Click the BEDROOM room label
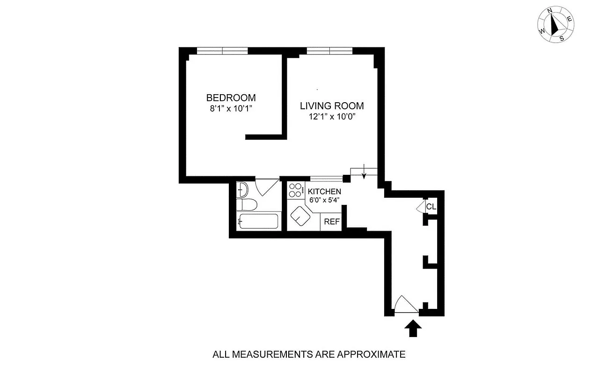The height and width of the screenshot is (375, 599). click(x=231, y=98)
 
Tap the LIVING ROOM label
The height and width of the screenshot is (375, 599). click(x=331, y=106)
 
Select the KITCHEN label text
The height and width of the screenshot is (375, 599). click(x=324, y=192)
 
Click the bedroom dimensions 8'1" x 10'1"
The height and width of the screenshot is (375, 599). click(x=231, y=108)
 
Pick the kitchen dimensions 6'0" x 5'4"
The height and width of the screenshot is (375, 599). click(x=324, y=200)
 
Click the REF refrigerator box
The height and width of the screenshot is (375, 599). click(x=331, y=222)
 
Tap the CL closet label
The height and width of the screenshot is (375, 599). click(x=431, y=207)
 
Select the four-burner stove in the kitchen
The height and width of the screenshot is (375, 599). click(x=295, y=190)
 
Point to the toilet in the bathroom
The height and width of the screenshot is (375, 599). click(x=247, y=204)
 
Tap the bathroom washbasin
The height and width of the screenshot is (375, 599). click(x=243, y=189)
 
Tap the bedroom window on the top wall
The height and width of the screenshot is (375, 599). click(x=222, y=51)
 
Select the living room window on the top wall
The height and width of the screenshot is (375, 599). click(x=329, y=51)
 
